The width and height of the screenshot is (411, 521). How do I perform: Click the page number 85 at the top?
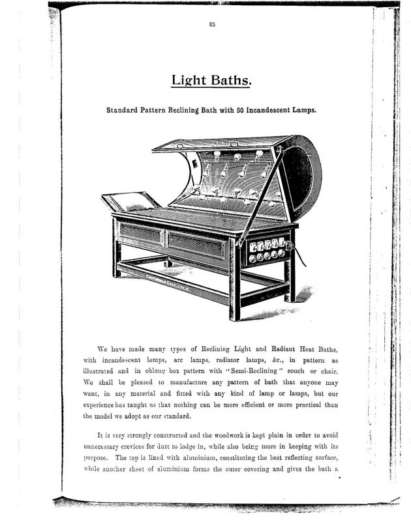point(212,25)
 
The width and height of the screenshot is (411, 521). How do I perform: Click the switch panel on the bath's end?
point(267,251)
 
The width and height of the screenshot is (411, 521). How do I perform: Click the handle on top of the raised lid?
point(234,143)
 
